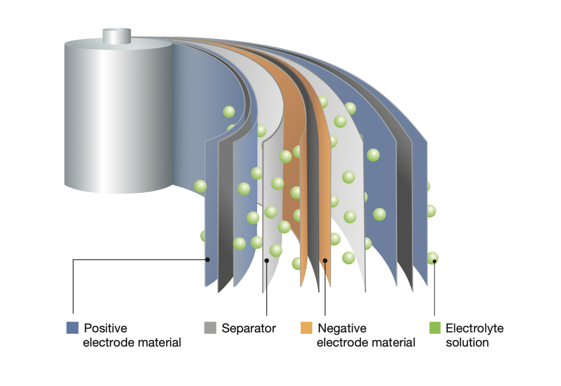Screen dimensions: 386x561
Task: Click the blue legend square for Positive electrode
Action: click(72, 328)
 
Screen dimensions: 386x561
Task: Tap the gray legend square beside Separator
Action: click(210, 328)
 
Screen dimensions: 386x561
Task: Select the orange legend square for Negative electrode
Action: click(306, 328)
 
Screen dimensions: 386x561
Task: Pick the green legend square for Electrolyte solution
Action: click(435, 328)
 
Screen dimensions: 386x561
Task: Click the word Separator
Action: click(249, 328)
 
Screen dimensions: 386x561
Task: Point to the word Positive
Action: click(106, 328)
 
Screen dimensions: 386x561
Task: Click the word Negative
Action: click(342, 328)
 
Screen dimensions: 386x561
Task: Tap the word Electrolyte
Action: click(474, 328)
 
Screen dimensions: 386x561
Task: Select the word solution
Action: click(467, 343)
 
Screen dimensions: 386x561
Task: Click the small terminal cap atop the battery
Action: click(117, 36)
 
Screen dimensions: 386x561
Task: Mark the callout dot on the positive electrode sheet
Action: click(207, 260)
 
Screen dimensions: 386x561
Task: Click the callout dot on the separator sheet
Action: click(267, 261)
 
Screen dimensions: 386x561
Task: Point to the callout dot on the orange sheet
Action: click(325, 261)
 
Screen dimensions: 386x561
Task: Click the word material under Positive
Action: click(160, 343)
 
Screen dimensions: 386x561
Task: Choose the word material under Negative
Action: click(394, 343)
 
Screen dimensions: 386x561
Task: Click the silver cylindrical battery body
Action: click(117, 117)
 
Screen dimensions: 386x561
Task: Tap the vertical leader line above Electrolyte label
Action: click(434, 289)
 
